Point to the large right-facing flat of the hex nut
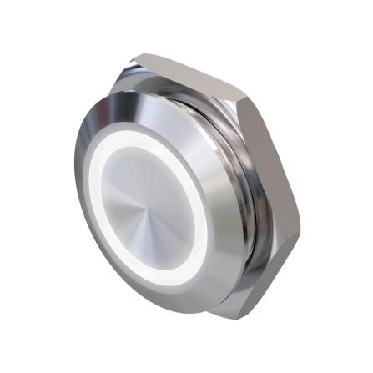tap(275, 200)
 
